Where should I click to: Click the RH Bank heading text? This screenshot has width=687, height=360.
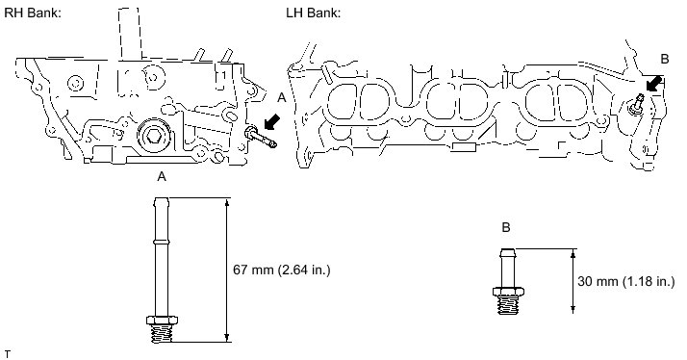(x=33, y=13)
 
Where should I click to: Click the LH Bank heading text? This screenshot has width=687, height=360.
(x=314, y=13)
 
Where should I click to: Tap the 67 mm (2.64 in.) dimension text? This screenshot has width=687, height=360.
(x=281, y=270)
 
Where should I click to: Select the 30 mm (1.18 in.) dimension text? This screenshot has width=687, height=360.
(x=626, y=281)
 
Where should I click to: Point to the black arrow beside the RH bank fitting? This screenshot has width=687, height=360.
(x=272, y=121)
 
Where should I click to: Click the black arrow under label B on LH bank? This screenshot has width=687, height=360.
(x=653, y=83)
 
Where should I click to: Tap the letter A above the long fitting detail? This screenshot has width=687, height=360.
(x=162, y=177)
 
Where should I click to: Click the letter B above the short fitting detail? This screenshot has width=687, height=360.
(x=506, y=227)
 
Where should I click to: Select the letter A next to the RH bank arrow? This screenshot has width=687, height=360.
(x=282, y=98)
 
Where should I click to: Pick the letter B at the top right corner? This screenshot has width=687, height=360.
(x=664, y=59)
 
